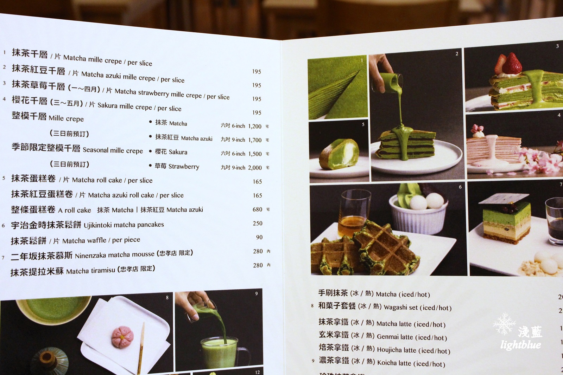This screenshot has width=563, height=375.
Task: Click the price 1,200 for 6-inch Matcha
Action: point(254,126)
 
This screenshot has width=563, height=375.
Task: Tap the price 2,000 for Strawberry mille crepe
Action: point(255,168)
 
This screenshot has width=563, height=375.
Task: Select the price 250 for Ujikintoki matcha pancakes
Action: point(258,223)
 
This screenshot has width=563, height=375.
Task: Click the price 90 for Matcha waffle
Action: point(259,237)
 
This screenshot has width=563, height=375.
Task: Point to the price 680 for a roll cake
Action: point(257,209)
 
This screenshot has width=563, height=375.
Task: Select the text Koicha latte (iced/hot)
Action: point(411,363)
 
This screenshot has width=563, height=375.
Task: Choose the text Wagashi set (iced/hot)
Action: point(417,308)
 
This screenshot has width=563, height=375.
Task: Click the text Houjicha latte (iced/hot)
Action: point(413,350)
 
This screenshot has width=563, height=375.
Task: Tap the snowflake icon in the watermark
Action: point(504,323)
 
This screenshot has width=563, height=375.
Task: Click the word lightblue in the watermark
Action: point(520,345)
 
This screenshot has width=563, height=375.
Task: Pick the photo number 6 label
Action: point(460,187)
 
